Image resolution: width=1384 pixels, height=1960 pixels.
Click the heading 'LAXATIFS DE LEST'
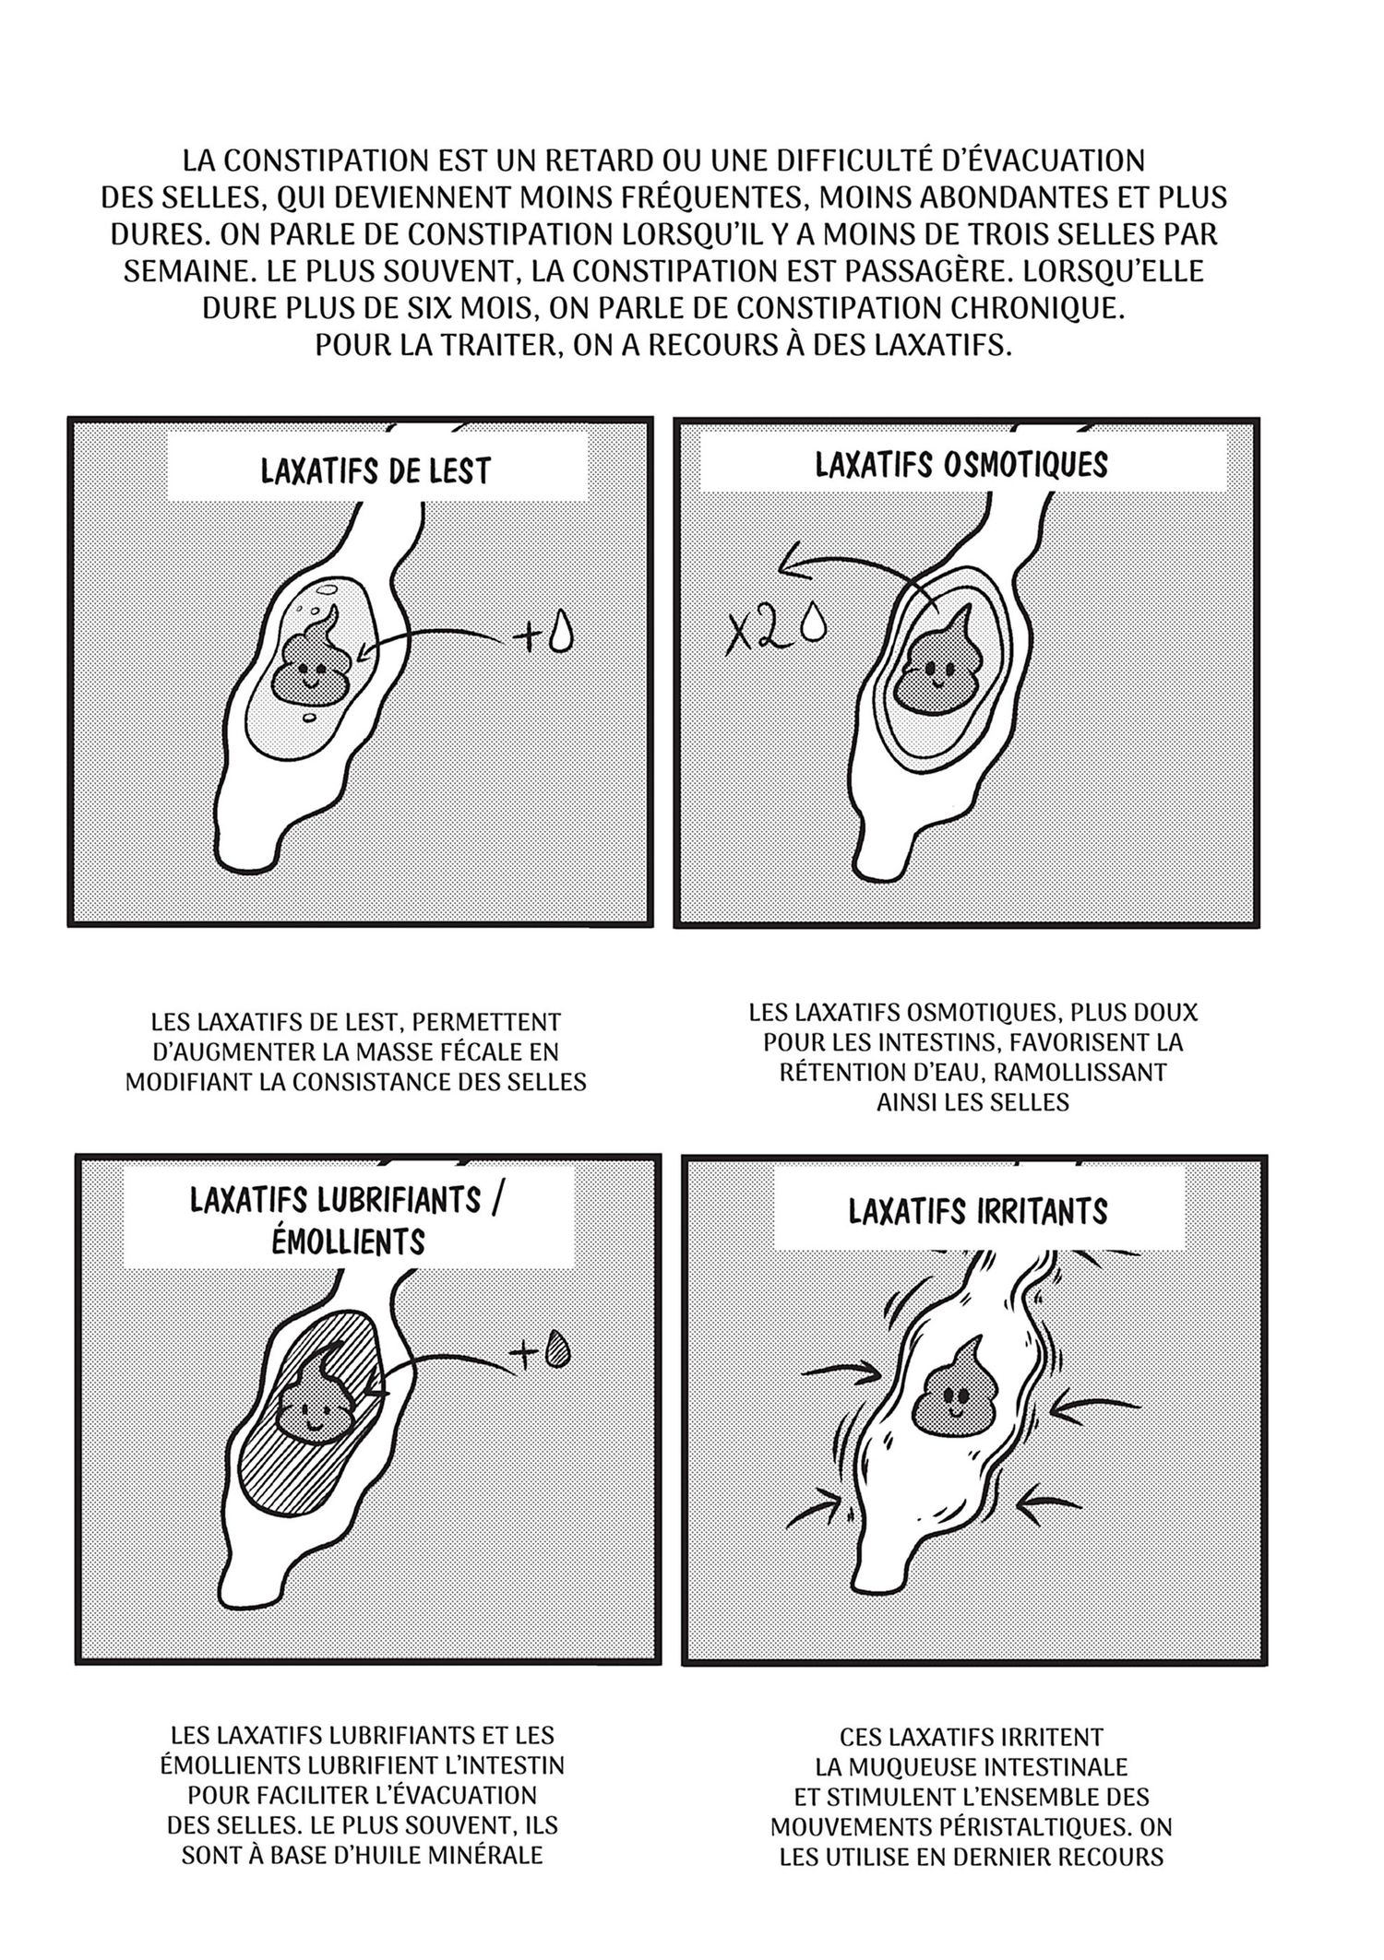coord(376,470)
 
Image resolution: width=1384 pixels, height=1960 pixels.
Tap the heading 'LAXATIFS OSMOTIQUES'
coord(961,464)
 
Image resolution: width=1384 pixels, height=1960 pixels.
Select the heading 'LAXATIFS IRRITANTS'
coord(978,1211)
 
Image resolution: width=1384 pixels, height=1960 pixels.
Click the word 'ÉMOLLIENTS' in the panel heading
coord(349,1241)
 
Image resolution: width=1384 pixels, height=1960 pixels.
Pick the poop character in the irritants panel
coord(956,1394)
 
